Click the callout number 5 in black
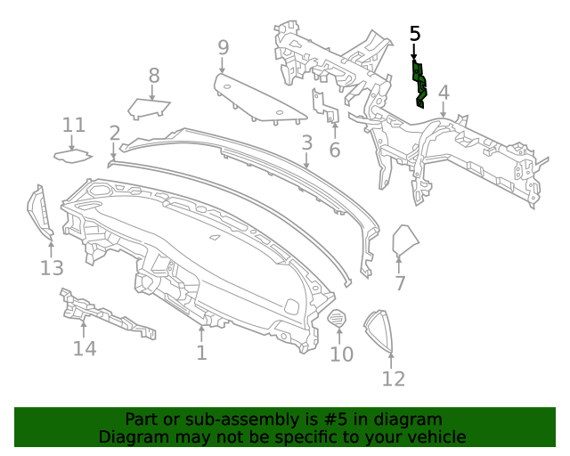click(415, 34)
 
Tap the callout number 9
click(224, 47)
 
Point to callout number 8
click(154, 76)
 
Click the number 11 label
click(74, 126)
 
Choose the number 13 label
click(52, 267)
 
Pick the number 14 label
click(85, 347)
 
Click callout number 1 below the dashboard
click(202, 353)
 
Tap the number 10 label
click(342, 354)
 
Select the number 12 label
click(394, 379)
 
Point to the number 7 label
click(400, 283)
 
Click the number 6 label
click(335, 150)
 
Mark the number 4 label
click(444, 92)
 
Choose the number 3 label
click(306, 142)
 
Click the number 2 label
click(115, 134)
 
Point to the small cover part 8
click(148, 108)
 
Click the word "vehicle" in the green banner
click(436, 436)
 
